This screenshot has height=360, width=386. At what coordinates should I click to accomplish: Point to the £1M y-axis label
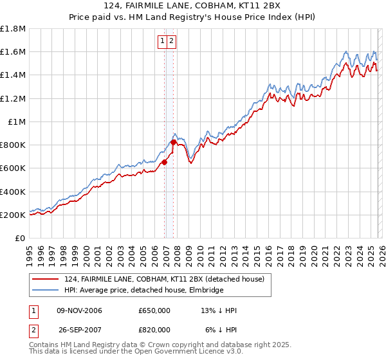coord(17,122)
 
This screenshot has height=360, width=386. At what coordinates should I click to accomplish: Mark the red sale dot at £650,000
coord(164,163)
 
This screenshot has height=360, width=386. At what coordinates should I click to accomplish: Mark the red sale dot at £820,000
coord(174,143)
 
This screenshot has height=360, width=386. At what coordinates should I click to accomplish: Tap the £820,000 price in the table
coord(154,328)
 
